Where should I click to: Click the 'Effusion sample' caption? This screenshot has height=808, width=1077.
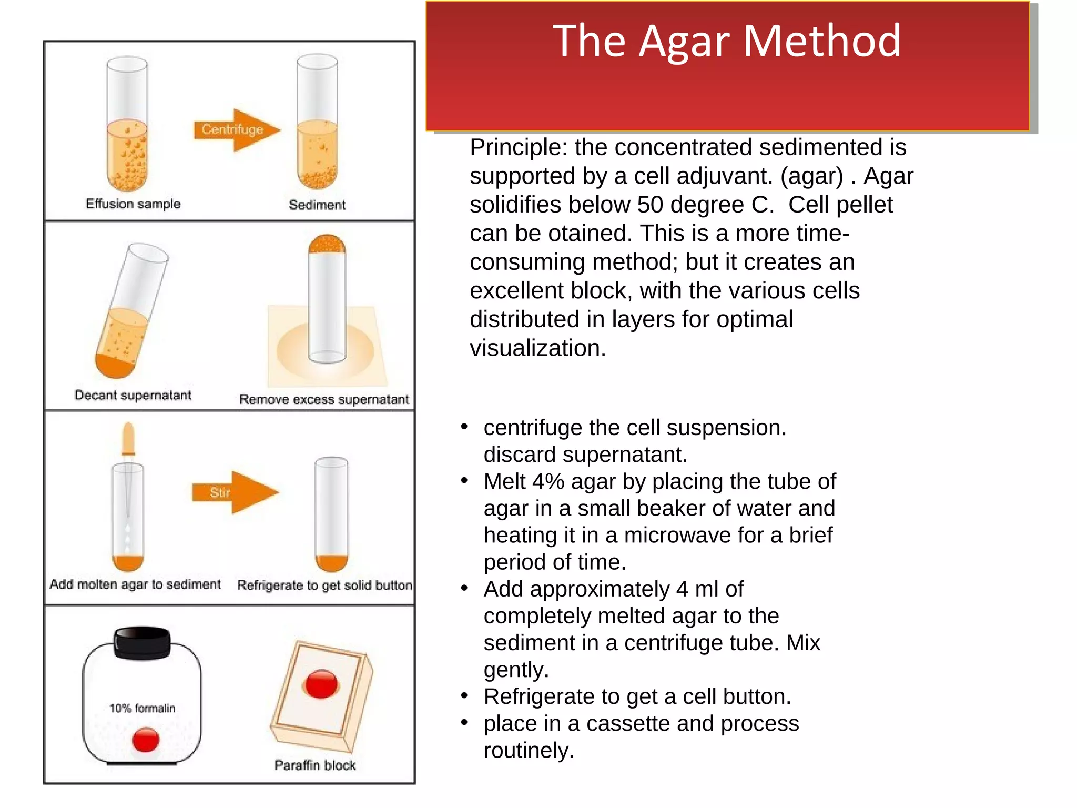pos(133,204)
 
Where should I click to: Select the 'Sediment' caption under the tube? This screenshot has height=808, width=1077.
pos(317,205)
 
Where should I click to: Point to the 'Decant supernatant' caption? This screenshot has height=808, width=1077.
pos(133,396)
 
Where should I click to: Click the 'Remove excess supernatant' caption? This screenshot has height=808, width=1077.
pos(324,400)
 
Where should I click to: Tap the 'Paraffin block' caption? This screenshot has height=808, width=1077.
pos(315,765)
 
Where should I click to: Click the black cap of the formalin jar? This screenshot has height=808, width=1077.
pos(142,642)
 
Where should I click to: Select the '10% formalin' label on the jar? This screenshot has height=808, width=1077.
pos(142,709)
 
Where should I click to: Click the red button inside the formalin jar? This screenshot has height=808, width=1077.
pos(146,739)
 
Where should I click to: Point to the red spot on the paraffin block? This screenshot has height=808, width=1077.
pos(321,684)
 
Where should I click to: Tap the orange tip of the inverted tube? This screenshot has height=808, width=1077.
pos(327,244)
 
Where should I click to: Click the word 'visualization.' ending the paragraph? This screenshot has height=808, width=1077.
pos(537,348)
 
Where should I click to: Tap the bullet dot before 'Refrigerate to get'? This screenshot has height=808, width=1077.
pos(464,696)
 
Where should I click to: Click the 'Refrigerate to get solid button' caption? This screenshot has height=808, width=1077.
pos(324,585)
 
